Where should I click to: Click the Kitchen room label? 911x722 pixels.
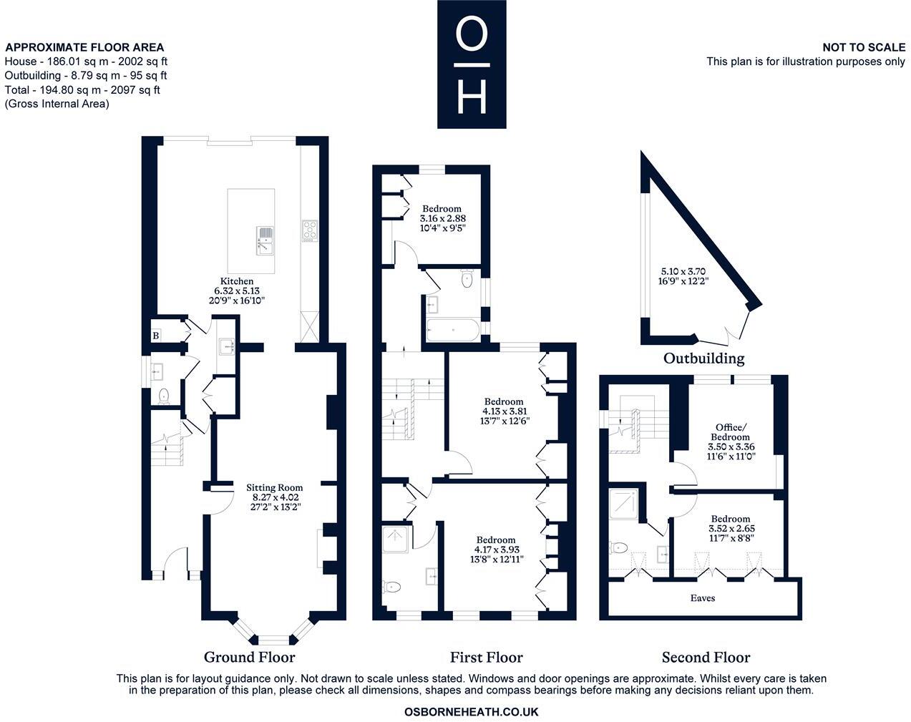tap(237, 281)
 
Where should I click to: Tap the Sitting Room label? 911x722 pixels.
tap(274, 487)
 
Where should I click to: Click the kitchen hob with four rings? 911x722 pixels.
tap(310, 231)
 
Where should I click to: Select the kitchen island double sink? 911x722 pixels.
tap(265, 240)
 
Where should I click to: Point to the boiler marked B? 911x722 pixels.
tap(156, 336)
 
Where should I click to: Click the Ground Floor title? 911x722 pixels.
tap(249, 657)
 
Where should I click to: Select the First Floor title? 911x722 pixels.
tap(487, 657)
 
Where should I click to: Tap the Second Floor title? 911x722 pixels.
tap(706, 657)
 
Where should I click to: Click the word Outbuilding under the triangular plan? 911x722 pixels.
tap(703, 358)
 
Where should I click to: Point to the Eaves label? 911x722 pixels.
tap(702, 598)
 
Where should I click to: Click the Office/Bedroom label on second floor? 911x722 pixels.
tap(730, 432)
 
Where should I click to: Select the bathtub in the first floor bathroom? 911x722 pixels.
tap(453, 330)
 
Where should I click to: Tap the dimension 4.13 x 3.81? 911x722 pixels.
tap(505, 411)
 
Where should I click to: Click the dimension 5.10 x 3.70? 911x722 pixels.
tap(683, 271)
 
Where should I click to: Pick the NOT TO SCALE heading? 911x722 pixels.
tap(864, 47)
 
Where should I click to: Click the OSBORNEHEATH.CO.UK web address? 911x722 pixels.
tap(471, 712)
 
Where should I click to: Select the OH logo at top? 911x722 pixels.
tap(472, 64)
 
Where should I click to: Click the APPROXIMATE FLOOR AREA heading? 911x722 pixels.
tap(84, 47)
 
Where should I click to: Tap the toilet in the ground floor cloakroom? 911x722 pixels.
tap(164, 396)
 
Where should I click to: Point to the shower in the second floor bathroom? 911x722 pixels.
tap(623, 504)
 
